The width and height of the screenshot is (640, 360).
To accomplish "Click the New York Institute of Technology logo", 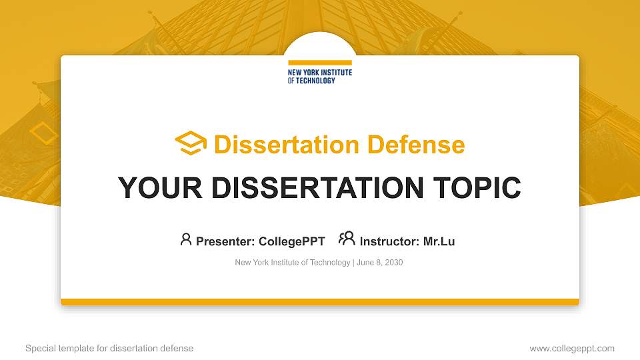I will [319, 75].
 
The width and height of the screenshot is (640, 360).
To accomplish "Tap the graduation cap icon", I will [191, 143].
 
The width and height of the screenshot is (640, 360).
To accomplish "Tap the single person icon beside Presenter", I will [186, 239].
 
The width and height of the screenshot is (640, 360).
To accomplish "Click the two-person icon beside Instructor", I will [347, 239].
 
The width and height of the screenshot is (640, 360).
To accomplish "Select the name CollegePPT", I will [291, 241].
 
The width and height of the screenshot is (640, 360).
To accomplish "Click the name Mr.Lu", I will [439, 241].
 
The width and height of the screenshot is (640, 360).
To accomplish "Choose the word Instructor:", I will [389, 241].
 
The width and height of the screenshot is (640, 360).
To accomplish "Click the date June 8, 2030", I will [380, 263].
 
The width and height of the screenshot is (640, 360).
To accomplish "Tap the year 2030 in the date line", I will [393, 263].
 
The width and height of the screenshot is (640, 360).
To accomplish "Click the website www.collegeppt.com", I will [571, 348].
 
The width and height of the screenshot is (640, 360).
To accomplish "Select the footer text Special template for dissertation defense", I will [109, 348].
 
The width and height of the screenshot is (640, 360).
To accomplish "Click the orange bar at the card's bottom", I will [319, 302].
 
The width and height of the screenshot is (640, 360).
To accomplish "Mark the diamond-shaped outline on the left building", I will [44, 133].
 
